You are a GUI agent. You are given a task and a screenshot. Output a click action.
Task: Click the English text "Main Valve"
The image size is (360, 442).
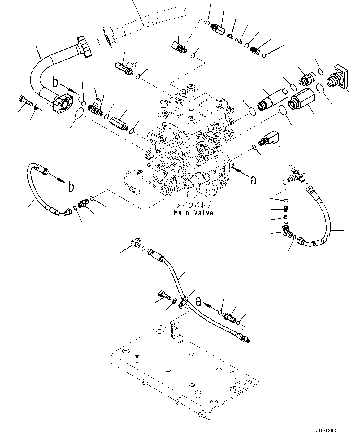pyautogui.click(x=193, y=213)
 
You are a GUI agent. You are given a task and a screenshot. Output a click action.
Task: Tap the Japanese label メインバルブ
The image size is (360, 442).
pyautogui.click(x=193, y=205)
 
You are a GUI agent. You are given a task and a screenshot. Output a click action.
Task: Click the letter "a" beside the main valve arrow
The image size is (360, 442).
pyautogui.click(x=253, y=180)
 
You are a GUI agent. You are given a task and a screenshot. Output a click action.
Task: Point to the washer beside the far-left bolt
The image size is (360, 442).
pyautogui.click(x=37, y=107)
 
